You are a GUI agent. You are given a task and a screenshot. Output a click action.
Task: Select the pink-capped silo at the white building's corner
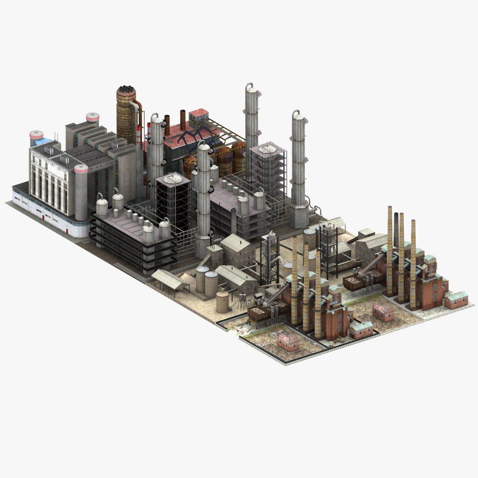[81, 193]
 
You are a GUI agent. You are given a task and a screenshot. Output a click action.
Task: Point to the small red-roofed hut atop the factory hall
[198, 114]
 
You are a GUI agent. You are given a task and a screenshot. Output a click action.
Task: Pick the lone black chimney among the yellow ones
[396, 230]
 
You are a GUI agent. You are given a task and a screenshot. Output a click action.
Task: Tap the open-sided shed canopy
[170, 280]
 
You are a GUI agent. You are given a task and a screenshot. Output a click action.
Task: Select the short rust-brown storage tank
[222, 302]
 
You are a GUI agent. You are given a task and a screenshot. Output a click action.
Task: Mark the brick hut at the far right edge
[456, 300]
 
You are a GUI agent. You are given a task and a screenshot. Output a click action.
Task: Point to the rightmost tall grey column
[299, 168]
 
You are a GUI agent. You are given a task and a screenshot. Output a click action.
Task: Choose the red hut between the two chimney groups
[383, 312]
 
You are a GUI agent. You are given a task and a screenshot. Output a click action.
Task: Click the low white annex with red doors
[44, 212]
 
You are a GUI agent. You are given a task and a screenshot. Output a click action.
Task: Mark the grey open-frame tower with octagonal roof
[267, 168]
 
